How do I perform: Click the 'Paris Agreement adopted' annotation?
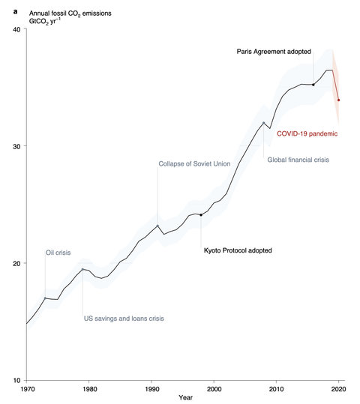click(x=280, y=51)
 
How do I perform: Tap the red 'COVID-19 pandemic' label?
click(x=307, y=133)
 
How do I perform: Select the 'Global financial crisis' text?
click(x=298, y=160)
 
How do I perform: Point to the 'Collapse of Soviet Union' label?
click(x=194, y=163)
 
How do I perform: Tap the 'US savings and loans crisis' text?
click(x=123, y=319)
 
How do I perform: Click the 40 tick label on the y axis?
click(x=16, y=29)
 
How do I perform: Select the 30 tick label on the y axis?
click(x=16, y=146)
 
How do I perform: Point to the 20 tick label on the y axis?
click(x=16, y=263)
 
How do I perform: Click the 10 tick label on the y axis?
click(x=16, y=380)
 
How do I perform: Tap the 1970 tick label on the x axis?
click(x=27, y=391)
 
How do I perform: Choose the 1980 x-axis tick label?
click(x=89, y=391)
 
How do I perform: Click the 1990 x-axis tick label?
click(x=151, y=391)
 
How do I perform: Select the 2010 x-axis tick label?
click(x=276, y=391)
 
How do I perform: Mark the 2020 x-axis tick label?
click(x=338, y=391)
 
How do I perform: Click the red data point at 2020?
click(x=338, y=100)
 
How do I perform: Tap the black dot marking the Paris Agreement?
click(x=313, y=85)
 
